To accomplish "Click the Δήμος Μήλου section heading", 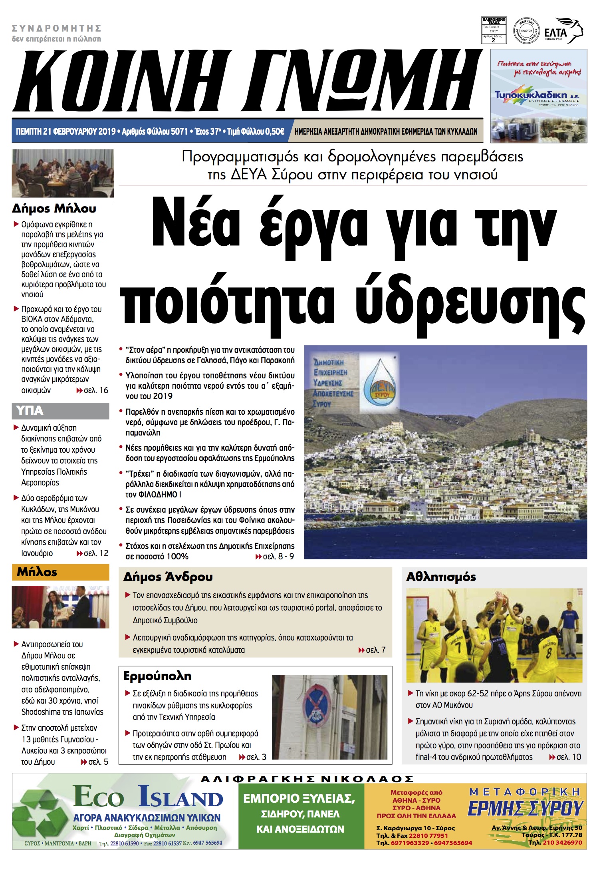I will pyautogui.click(x=54, y=209).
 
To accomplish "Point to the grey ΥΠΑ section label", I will pyautogui.click(x=60, y=411).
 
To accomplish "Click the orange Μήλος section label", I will pyautogui.click(x=60, y=572).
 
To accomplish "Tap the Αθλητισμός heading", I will pyautogui.click(x=441, y=577).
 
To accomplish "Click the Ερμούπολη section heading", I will pyautogui.click(x=157, y=676).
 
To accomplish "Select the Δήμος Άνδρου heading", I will pyautogui.click(x=168, y=577).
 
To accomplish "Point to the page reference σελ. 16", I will pyautogui.click(x=95, y=390).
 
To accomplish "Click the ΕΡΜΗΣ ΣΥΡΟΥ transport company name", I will pyautogui.click(x=525, y=808).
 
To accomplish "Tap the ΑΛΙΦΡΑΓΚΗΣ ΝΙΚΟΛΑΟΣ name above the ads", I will pyautogui.click(x=307, y=779).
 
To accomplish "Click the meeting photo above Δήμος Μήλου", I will pyautogui.click(x=63, y=173).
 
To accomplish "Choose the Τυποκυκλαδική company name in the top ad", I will pyautogui.click(x=531, y=95).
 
